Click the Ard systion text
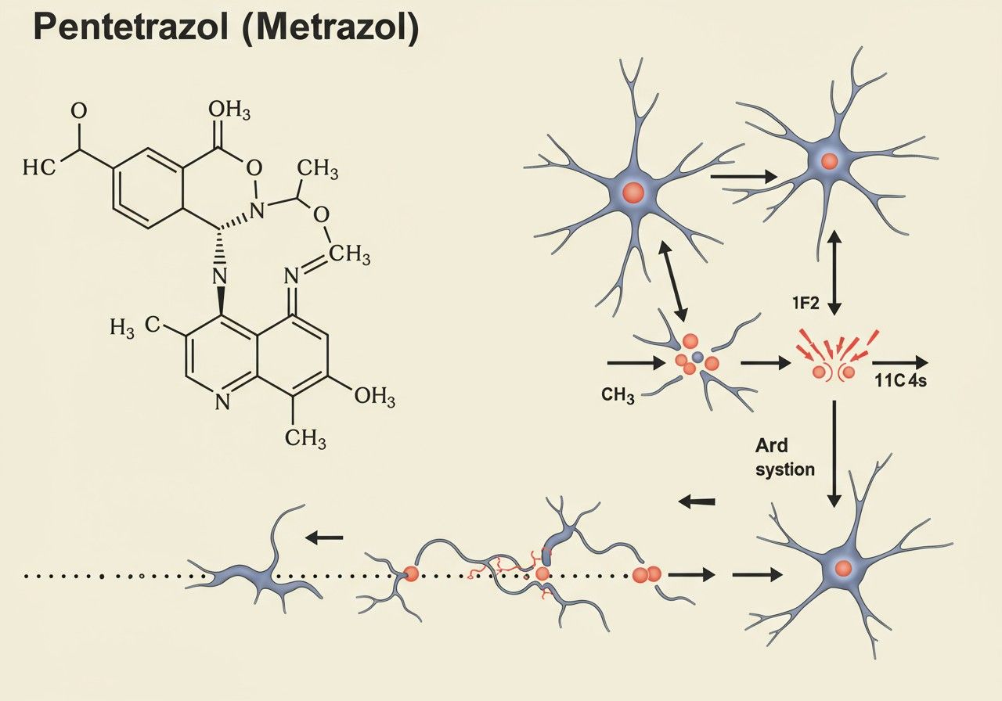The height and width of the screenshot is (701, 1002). pyautogui.click(x=784, y=458)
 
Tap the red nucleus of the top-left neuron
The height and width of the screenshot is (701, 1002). pyautogui.click(x=633, y=192)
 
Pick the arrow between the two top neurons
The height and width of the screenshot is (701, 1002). pyautogui.click(x=743, y=178)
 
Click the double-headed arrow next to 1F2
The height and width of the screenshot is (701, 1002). pyautogui.click(x=835, y=272)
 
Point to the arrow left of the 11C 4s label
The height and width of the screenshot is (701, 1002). pyautogui.click(x=900, y=362)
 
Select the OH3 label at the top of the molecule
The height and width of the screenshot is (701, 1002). pyautogui.click(x=229, y=112)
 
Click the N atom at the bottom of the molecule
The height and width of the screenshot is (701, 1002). pyautogui.click(x=222, y=401)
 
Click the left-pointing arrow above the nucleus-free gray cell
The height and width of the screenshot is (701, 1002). pyautogui.click(x=324, y=537)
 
